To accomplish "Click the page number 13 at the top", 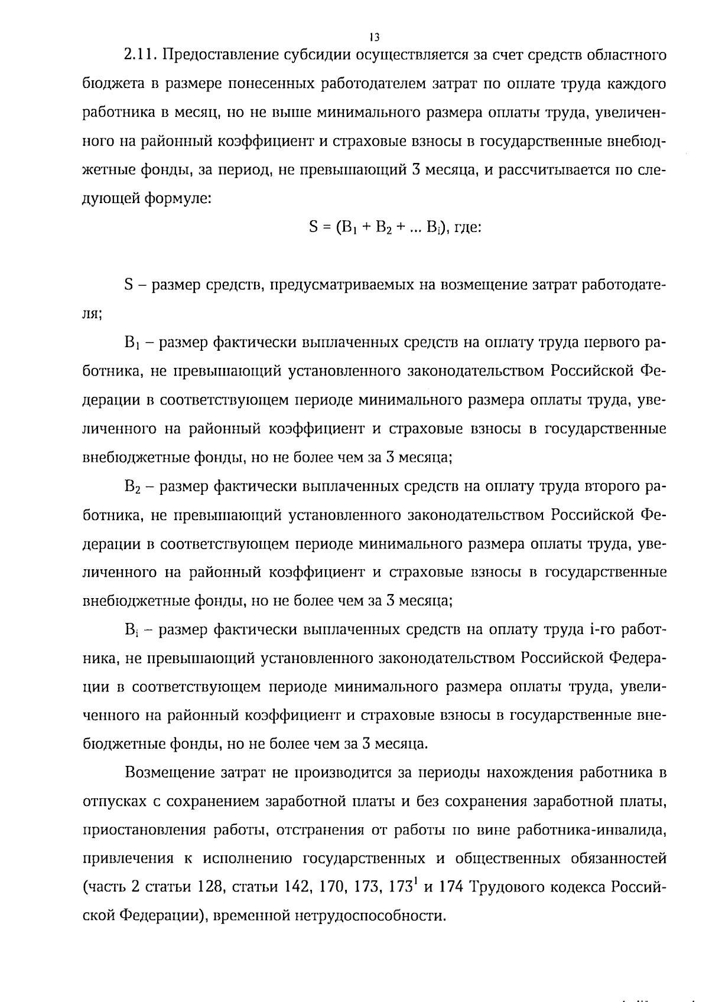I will coord(373,37).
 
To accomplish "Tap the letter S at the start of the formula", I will coord(313,227).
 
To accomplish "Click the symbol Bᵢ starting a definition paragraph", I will coord(131,630).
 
